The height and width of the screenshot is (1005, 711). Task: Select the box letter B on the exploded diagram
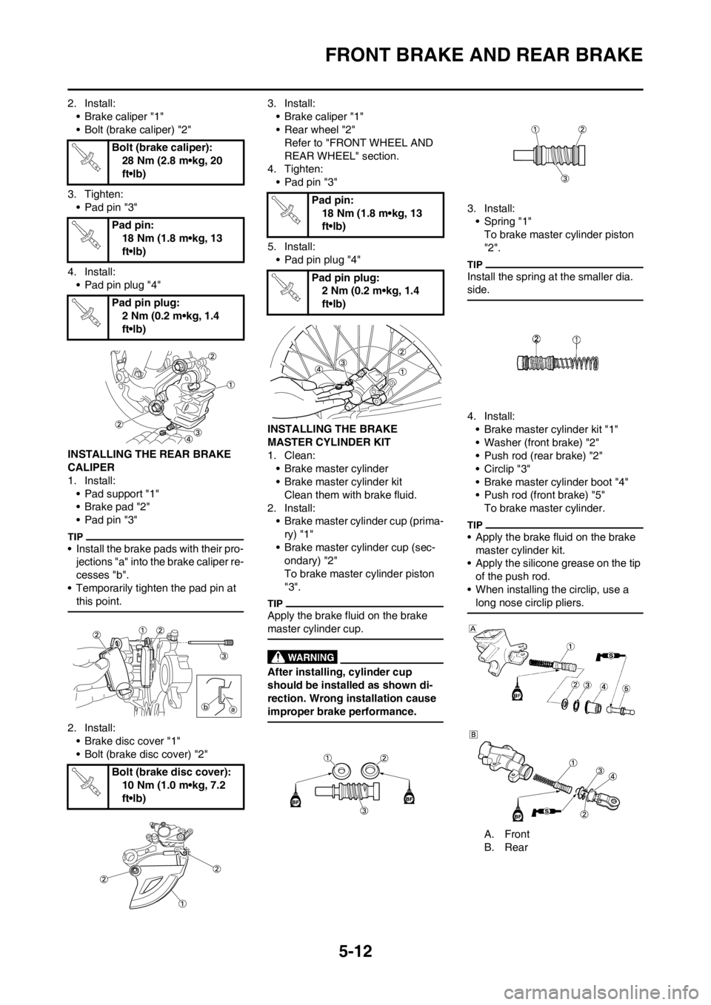[472, 734]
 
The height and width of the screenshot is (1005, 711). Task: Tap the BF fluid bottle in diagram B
[518, 813]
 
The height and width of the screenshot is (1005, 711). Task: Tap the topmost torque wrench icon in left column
[86, 158]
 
